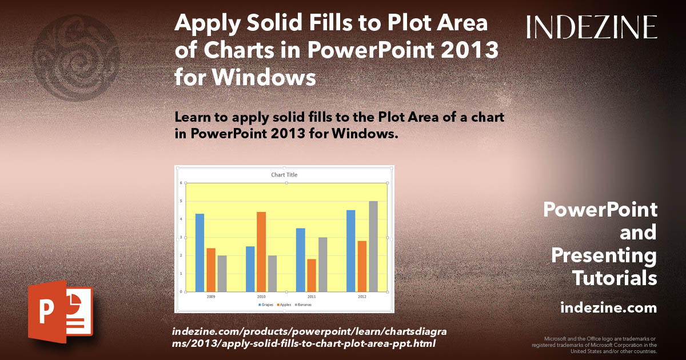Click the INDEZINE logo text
(592, 27)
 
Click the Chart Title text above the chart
(284, 174)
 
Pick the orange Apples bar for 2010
(261, 251)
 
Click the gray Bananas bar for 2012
(373, 246)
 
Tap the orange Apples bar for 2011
(312, 275)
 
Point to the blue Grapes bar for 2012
(350, 251)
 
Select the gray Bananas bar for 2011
(323, 264)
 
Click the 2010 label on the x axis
(261, 297)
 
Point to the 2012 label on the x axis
(362, 297)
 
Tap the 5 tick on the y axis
(181, 201)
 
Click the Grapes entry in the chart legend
(266, 305)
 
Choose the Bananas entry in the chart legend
(304, 305)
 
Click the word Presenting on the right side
(604, 255)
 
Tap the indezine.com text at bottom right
(608, 308)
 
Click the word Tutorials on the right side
(614, 278)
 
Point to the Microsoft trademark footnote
(595, 345)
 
